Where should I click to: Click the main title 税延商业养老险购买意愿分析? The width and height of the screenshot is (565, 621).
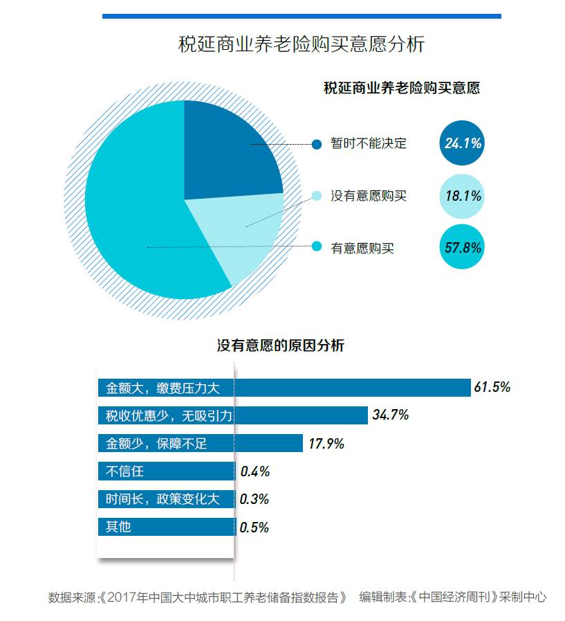point(301,44)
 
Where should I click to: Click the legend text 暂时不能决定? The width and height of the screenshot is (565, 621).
point(369,143)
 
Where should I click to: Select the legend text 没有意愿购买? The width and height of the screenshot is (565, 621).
point(369,196)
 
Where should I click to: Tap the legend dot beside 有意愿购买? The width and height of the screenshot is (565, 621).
point(317,246)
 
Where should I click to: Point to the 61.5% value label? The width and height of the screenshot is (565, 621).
point(492,387)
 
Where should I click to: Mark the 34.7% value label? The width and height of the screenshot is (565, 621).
point(391,415)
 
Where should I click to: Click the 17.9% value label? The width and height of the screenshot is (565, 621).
point(326,444)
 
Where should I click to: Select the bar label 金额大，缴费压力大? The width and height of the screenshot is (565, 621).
point(163,388)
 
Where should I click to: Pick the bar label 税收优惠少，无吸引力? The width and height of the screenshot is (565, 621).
point(169,415)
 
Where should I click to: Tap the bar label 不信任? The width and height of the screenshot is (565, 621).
point(124,471)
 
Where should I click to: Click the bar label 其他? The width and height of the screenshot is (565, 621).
point(118,527)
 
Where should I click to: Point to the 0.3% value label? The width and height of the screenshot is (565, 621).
point(254,499)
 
